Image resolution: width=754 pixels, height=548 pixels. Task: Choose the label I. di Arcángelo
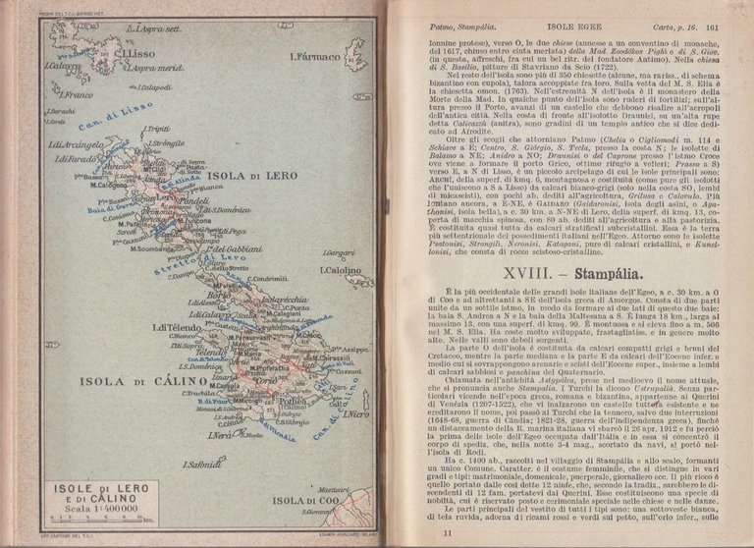pos(80,145)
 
